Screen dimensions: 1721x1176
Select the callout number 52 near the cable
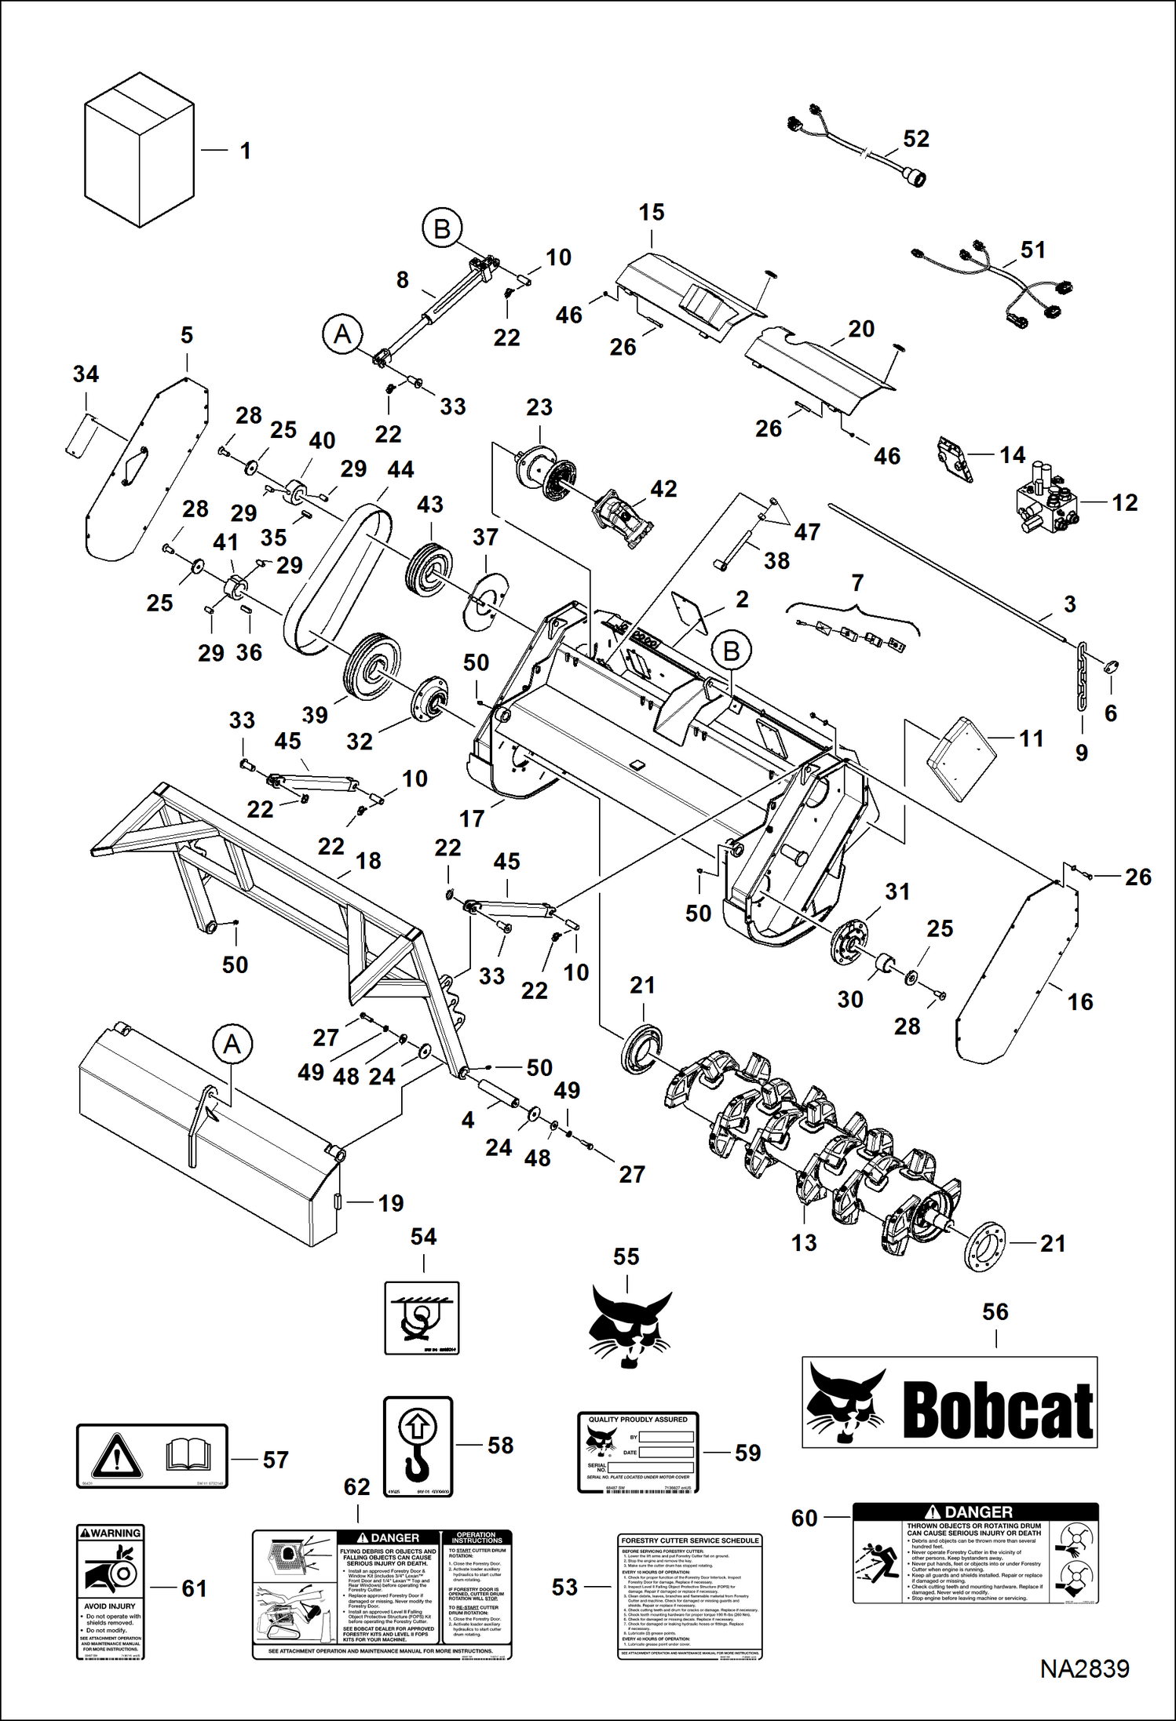coord(915,139)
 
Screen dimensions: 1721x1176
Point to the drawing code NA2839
coord(1084,1691)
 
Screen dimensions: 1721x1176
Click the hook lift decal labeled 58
coord(418,1446)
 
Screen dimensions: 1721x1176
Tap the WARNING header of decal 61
coord(111,1533)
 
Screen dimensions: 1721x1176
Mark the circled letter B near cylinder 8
coord(442,228)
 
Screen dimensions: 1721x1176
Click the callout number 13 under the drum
coord(803,1242)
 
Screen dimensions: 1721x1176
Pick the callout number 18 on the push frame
coord(367,860)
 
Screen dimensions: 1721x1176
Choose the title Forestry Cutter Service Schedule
coord(690,1541)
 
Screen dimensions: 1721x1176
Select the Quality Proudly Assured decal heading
coord(637,1420)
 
